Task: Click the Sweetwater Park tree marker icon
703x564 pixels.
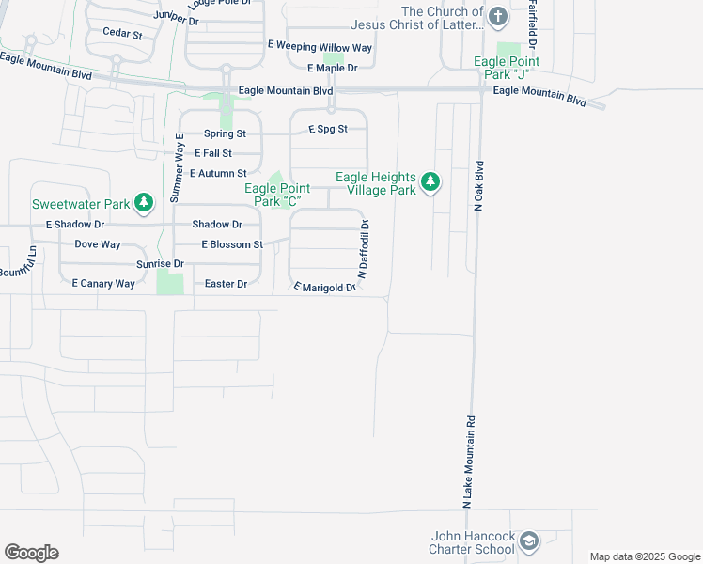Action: [144, 202]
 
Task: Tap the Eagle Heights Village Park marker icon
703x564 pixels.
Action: [430, 182]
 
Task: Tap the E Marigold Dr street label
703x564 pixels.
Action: [325, 288]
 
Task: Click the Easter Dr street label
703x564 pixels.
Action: [226, 284]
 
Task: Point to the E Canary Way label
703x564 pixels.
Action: [103, 283]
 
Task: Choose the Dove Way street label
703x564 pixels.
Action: [98, 244]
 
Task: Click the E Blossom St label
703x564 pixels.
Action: [232, 244]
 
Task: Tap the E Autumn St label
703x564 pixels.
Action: [218, 173]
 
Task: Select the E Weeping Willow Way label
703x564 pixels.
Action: [320, 47]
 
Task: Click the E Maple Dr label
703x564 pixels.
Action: [333, 69]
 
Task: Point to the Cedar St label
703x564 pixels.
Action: [122, 33]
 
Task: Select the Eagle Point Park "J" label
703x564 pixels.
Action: [508, 69]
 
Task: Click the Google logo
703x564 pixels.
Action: [31, 553]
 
